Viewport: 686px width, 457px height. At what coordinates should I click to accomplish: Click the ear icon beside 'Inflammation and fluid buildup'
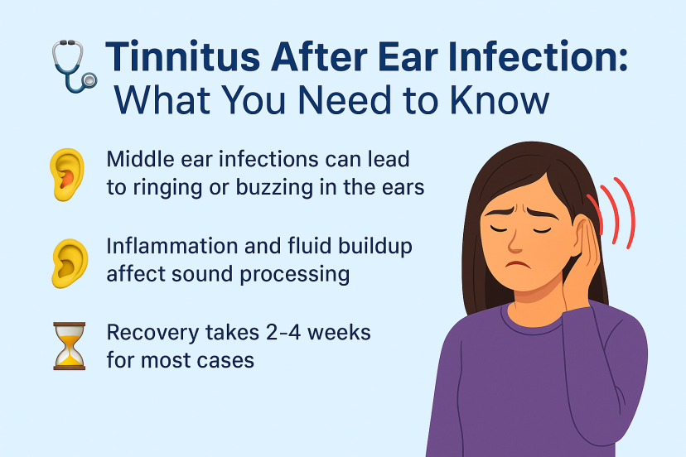[x=68, y=260]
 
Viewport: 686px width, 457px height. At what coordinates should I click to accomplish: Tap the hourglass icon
[x=69, y=347]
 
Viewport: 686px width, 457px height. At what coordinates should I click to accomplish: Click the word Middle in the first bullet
[x=137, y=159]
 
